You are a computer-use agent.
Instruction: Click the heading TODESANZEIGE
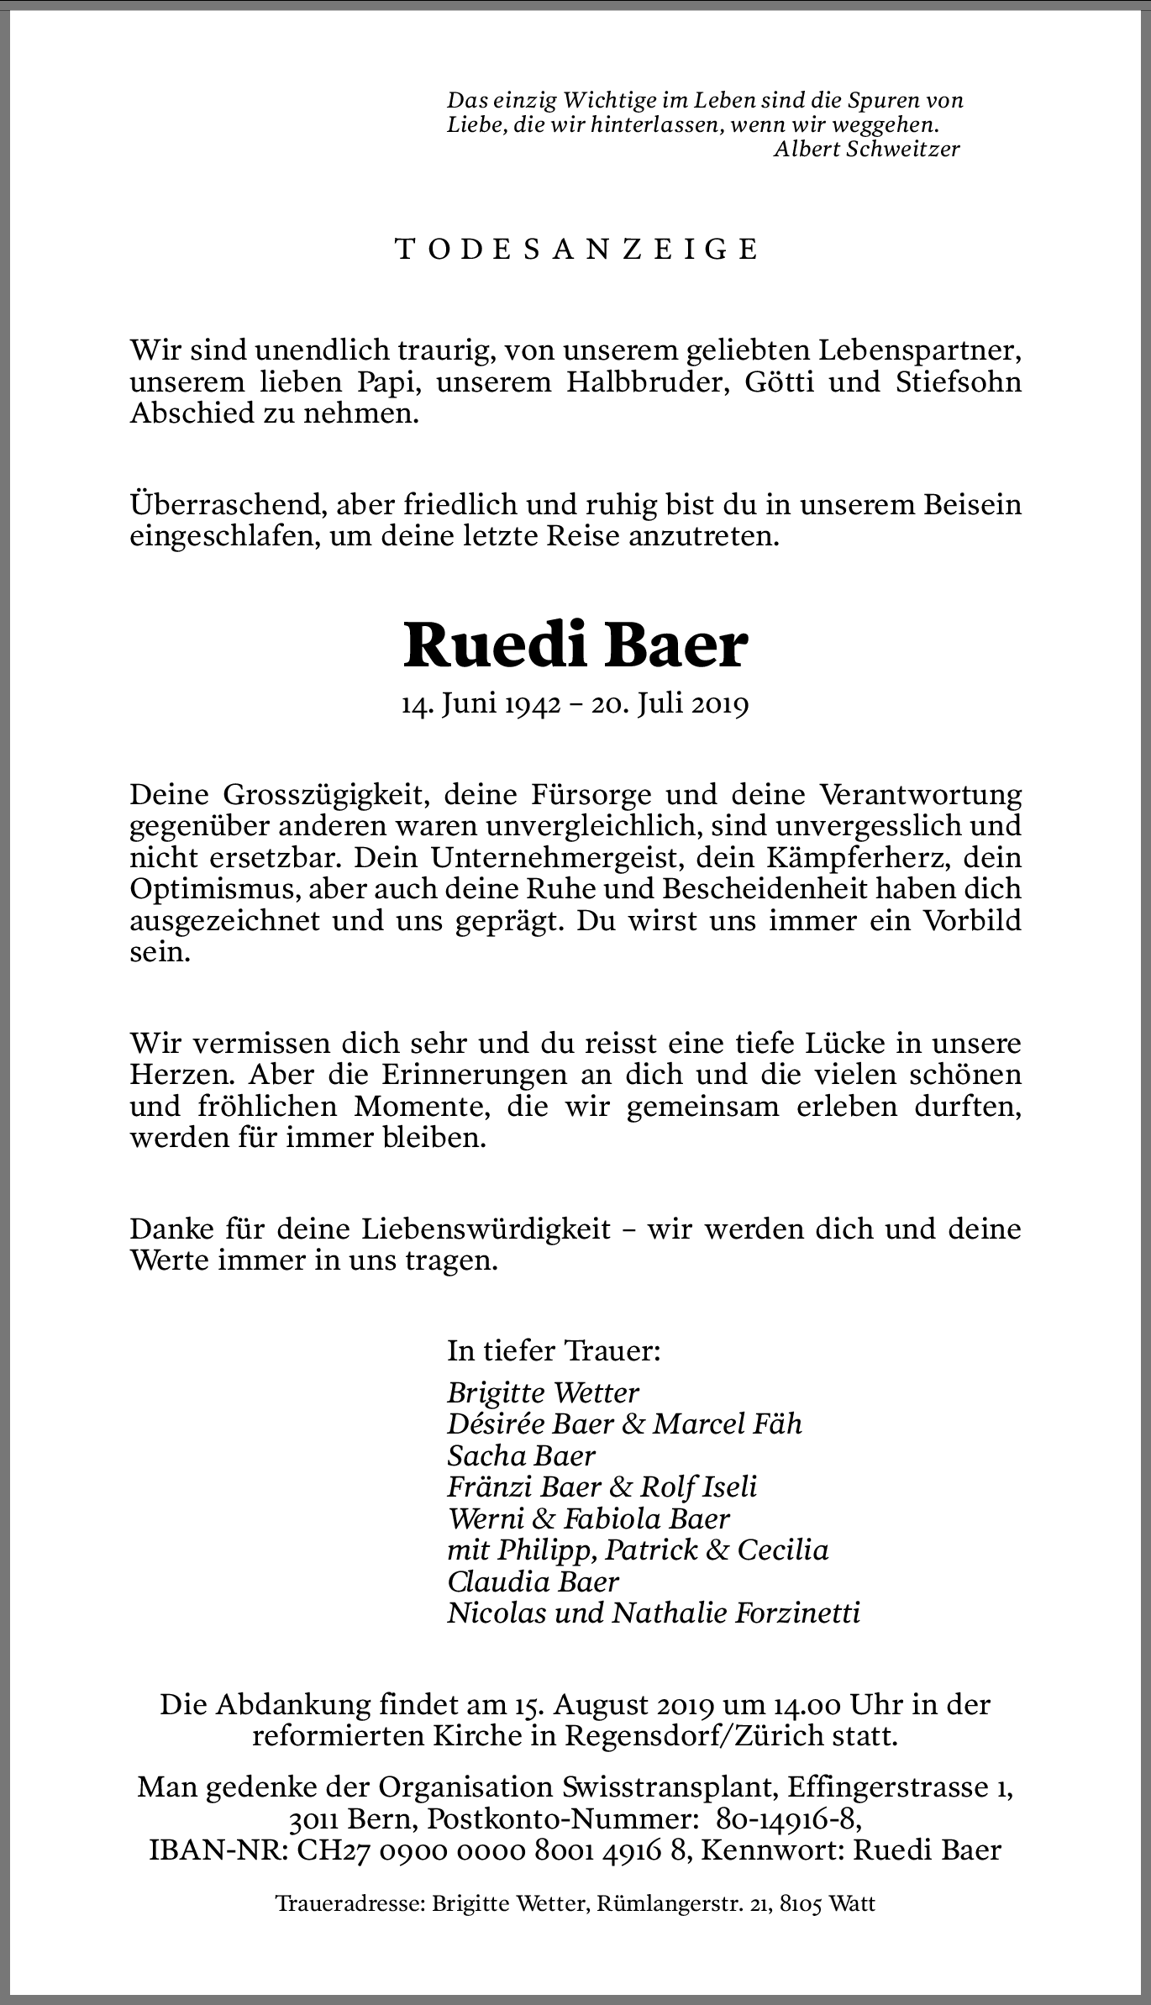point(576,250)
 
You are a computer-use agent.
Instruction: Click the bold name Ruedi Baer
point(575,646)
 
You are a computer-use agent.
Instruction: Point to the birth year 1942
point(532,704)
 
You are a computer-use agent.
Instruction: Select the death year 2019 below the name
point(720,704)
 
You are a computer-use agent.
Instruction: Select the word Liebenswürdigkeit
point(486,1229)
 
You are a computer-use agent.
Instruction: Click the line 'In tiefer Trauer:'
point(554,1350)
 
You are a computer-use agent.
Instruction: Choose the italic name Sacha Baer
point(522,1455)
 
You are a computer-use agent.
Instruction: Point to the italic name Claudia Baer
point(533,1581)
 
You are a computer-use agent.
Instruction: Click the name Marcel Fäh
point(728,1423)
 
